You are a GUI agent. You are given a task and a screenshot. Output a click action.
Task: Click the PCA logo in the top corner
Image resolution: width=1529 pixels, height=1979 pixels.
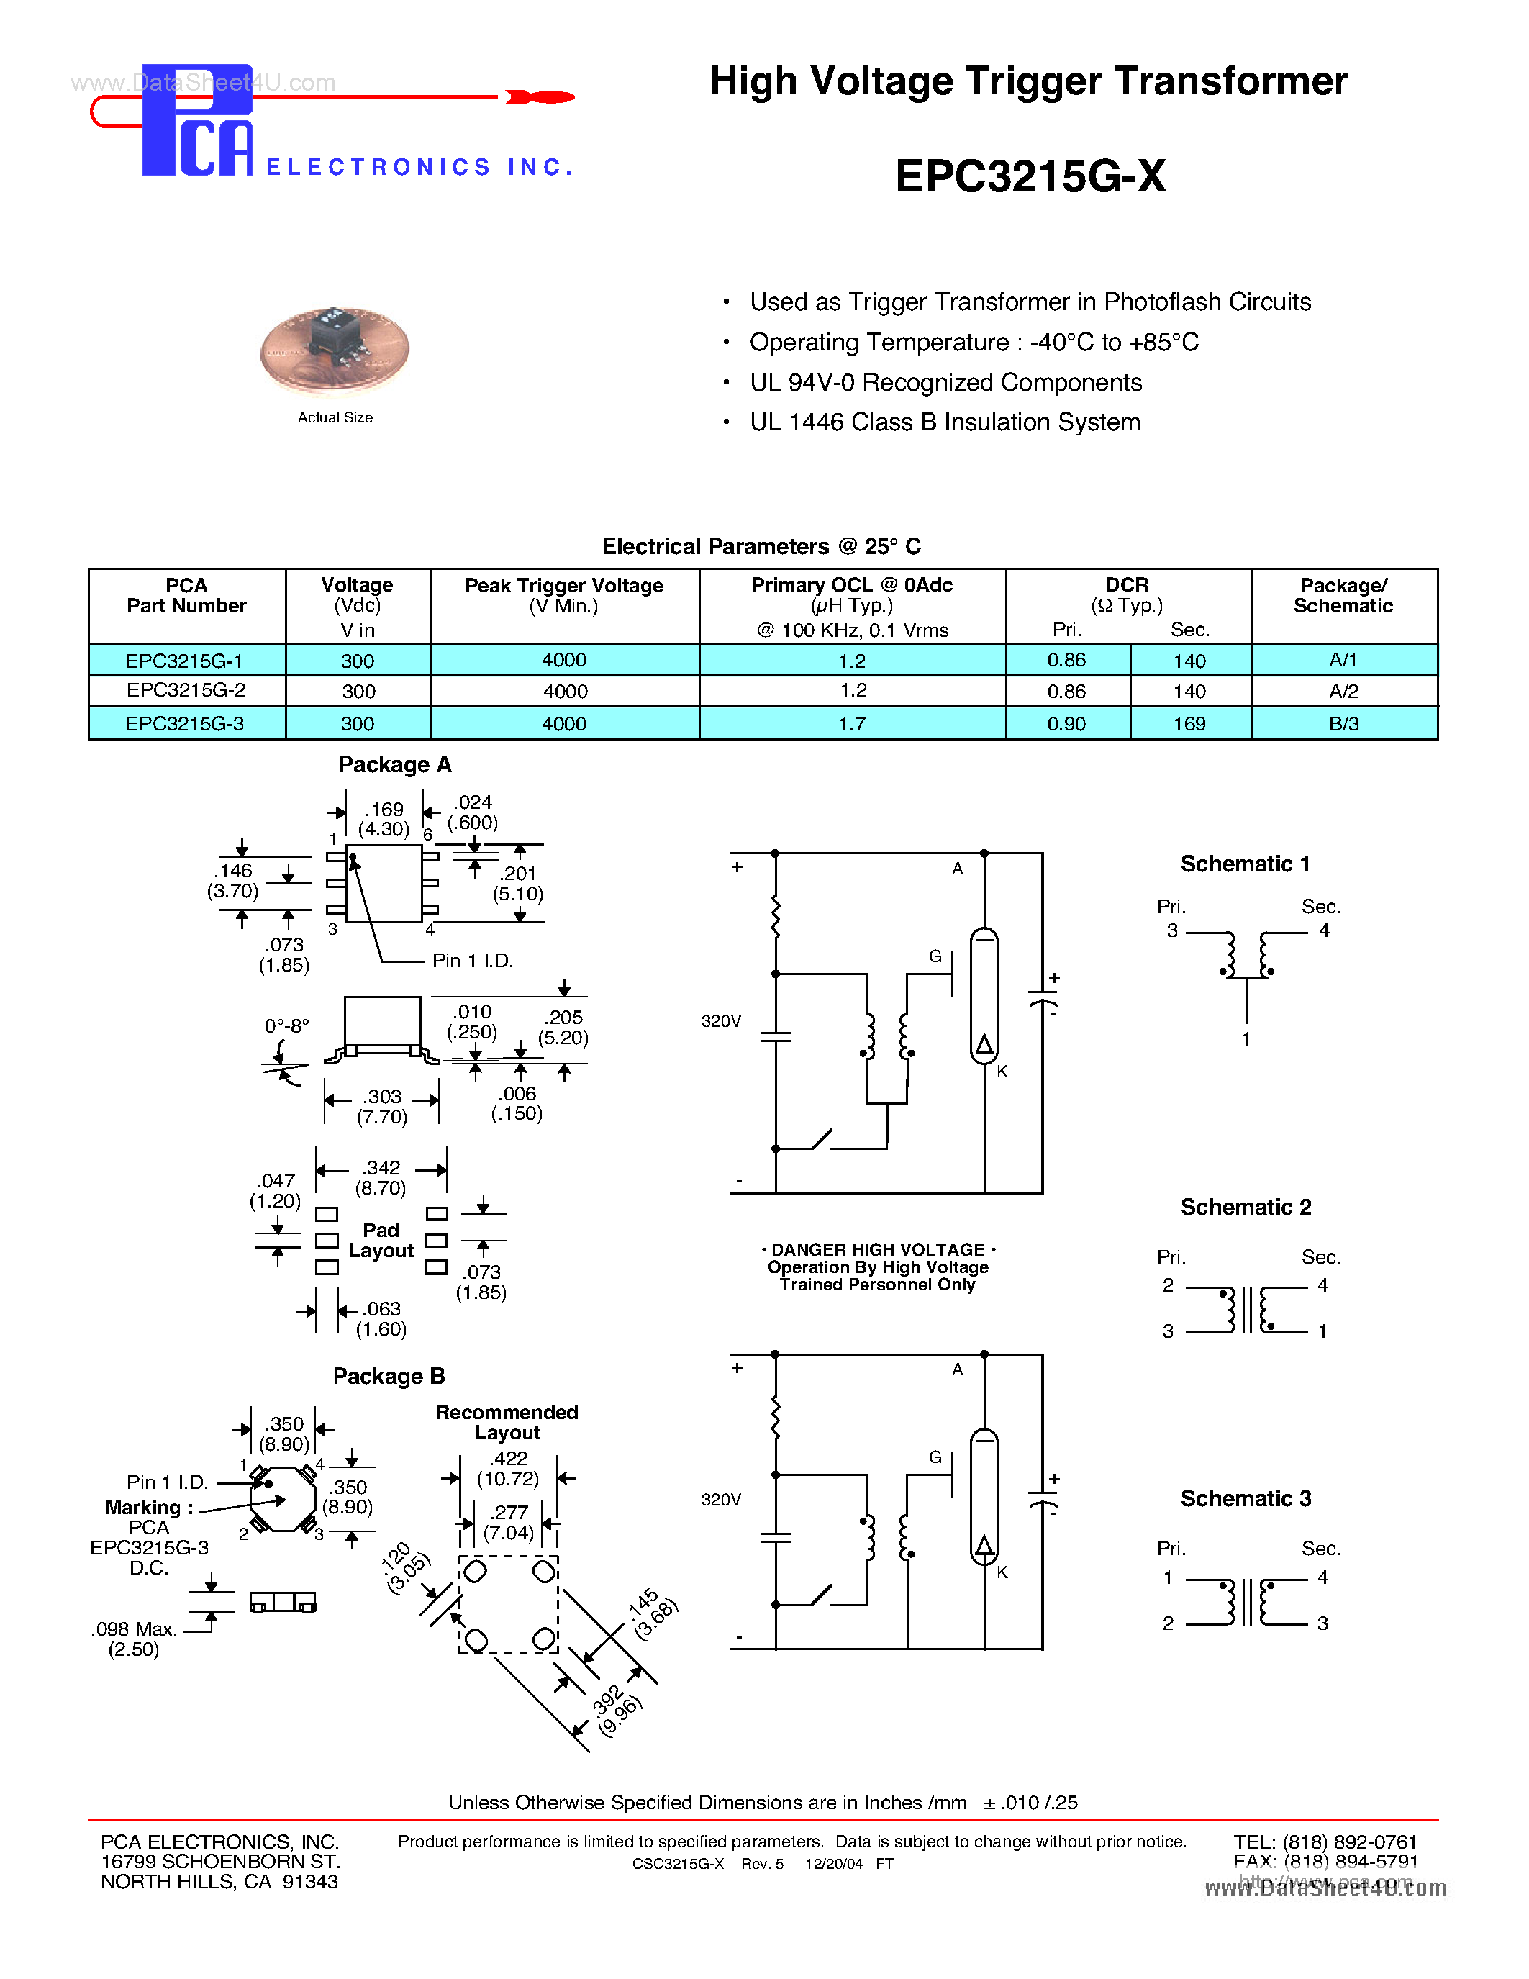pos(197,120)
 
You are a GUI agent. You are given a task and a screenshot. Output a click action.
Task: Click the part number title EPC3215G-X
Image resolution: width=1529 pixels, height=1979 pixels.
pos(1030,176)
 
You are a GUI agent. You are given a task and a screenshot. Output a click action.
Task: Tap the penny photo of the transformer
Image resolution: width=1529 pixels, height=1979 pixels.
pos(335,349)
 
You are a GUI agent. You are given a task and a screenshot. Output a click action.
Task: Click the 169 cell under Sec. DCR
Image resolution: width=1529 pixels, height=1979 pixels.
pos(1189,724)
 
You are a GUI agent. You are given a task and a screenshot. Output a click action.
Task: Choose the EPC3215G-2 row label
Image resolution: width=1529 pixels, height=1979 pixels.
pos(186,690)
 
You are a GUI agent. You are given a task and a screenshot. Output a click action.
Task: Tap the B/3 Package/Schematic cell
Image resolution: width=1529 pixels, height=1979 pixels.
pos(1343,724)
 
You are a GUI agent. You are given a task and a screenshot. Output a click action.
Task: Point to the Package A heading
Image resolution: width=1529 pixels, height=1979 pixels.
pos(395,765)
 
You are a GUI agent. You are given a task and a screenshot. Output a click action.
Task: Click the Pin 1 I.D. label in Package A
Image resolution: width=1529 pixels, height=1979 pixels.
pos(472,961)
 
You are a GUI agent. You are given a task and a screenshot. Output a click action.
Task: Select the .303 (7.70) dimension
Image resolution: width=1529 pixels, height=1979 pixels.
pos(382,1106)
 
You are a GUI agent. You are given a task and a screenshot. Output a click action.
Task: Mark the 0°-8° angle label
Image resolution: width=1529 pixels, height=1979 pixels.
pos(286,1025)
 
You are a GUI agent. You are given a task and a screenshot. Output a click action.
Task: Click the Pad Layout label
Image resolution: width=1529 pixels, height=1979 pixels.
pos(381,1241)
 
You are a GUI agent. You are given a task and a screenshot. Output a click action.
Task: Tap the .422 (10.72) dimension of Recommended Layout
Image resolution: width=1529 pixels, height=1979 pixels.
pos(508,1469)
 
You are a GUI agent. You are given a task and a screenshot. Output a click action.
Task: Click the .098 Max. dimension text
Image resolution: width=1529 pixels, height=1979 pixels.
pos(134,1629)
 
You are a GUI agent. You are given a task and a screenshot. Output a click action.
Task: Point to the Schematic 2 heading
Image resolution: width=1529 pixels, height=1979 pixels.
pos(1245,1207)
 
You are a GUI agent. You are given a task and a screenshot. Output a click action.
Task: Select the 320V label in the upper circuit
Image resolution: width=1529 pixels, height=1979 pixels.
pos(721,1021)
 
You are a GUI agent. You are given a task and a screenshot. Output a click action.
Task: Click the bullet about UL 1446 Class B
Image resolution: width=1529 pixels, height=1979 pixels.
pos(944,422)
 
